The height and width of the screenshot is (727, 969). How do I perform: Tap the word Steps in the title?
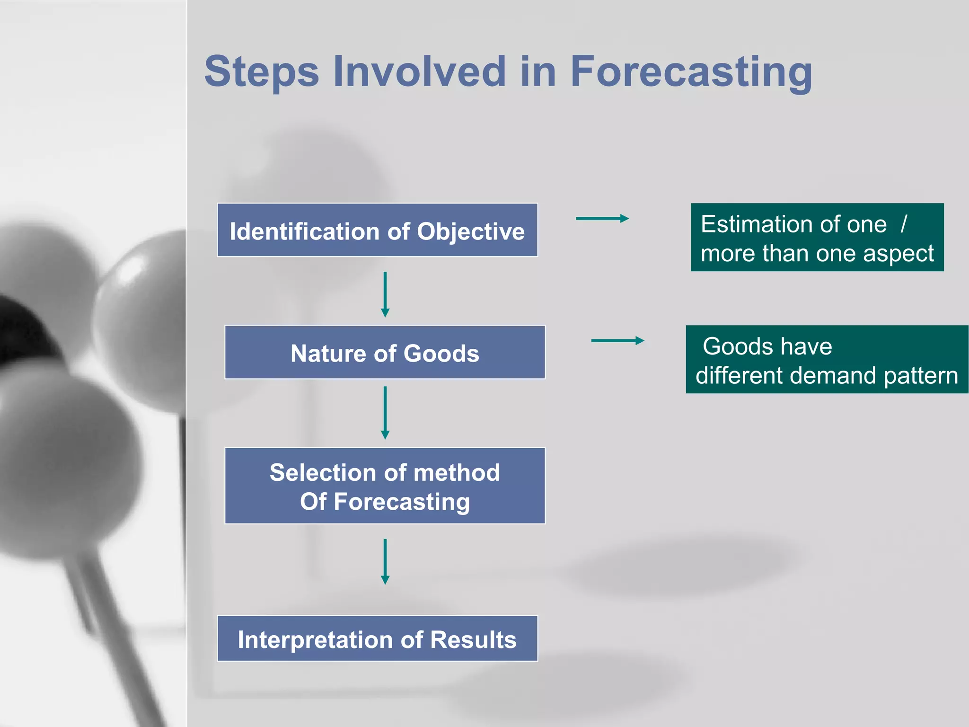pos(262,72)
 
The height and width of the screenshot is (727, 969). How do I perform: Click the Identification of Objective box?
pos(377,231)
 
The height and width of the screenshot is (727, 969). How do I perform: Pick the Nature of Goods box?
pos(385,353)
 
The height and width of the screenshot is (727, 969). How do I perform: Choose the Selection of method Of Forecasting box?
pos(385,486)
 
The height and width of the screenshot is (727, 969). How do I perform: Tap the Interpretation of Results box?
pos(377,639)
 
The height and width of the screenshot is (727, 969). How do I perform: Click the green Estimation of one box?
pos(817,238)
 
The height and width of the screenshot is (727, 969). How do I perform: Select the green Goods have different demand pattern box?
pos(827,360)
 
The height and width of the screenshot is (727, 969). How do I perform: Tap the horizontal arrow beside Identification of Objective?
pos(602,219)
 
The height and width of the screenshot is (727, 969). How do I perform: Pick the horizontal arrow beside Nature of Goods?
pos(617,341)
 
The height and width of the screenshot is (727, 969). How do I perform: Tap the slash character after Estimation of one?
pos(904,224)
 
